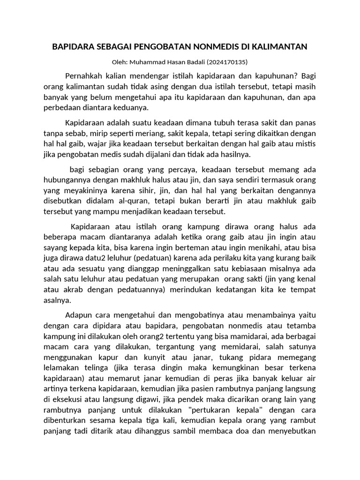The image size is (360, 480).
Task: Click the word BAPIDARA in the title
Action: tap(72, 46)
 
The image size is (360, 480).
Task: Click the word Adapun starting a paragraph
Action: tap(78, 313)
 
